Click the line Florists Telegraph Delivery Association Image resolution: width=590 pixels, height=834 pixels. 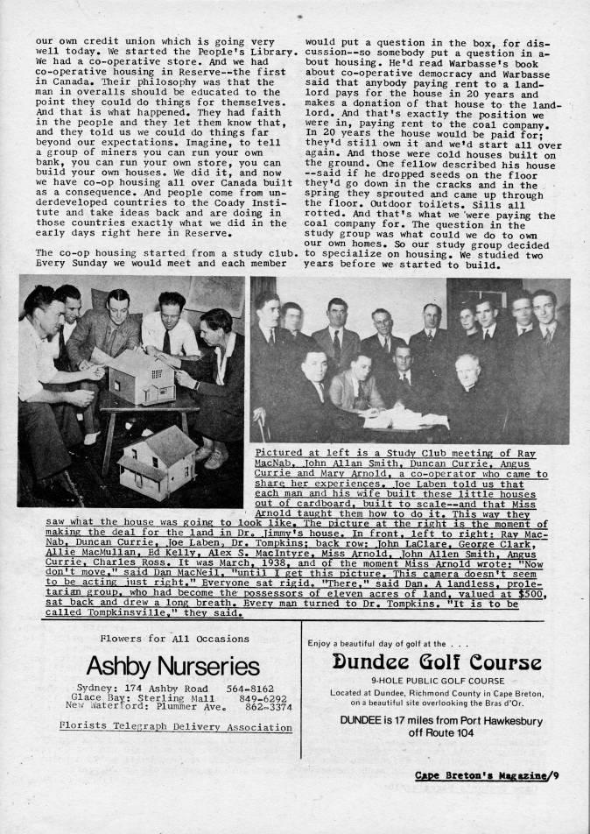pos(175,726)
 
